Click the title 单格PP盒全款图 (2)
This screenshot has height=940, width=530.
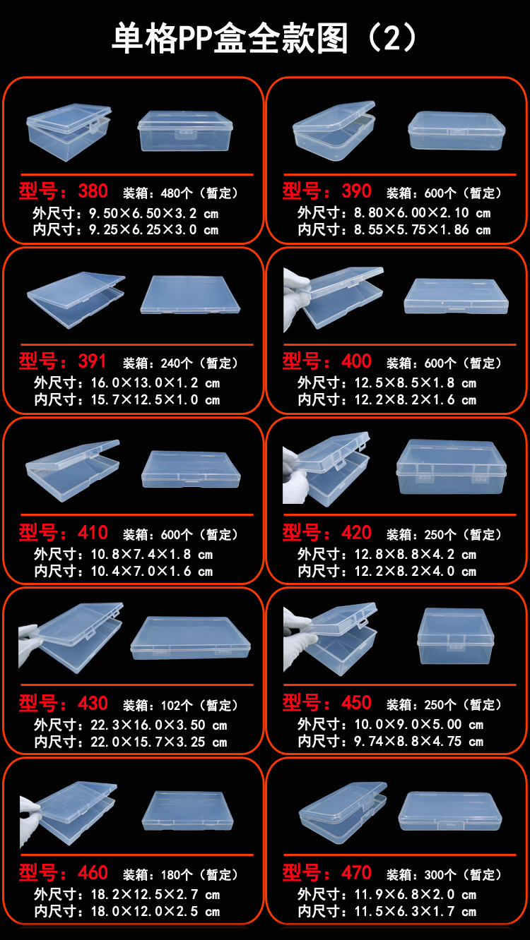[264, 38]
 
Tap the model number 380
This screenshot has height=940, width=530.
[93, 191]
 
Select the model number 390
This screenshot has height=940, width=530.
[356, 191]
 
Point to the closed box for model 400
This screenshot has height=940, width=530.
[456, 296]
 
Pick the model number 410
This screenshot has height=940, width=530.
[93, 533]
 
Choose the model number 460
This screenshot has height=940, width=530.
[93, 873]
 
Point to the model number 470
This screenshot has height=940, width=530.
[356, 873]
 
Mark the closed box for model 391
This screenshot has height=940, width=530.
[190, 295]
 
